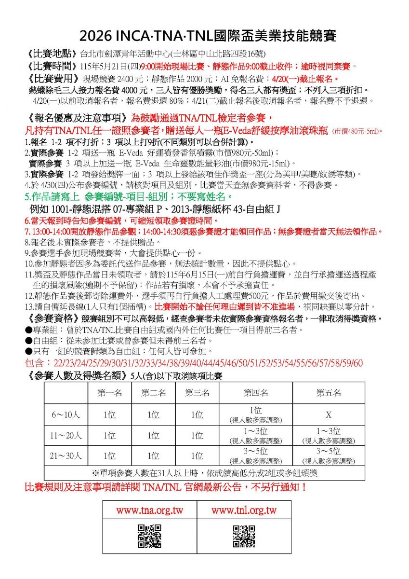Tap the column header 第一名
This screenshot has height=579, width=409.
click(110, 393)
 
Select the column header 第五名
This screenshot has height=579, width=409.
click(329, 393)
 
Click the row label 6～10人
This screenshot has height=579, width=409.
click(66, 415)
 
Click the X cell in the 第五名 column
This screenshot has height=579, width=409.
click(329, 415)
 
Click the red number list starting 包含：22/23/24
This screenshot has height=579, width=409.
click(194, 363)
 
